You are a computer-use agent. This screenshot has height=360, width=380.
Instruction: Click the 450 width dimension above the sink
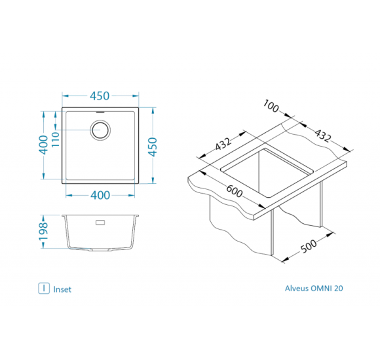pos(100,96)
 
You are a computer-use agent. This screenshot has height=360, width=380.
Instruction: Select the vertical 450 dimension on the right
pos(153,147)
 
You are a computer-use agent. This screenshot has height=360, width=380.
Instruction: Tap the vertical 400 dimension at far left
pos(44,145)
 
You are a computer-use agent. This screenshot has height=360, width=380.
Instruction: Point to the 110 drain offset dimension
pos(56,139)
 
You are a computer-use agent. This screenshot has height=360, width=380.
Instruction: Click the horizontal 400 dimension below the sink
pos(100,195)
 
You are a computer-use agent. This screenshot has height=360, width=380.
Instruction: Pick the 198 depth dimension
pos(44,232)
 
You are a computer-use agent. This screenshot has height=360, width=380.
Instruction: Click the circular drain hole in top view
pos(100,130)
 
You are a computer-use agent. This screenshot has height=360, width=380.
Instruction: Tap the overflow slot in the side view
pos(100,223)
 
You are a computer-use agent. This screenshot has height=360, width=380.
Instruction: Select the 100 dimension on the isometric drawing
pos(271,106)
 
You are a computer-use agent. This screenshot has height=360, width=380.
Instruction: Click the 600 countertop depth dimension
pos(235,191)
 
